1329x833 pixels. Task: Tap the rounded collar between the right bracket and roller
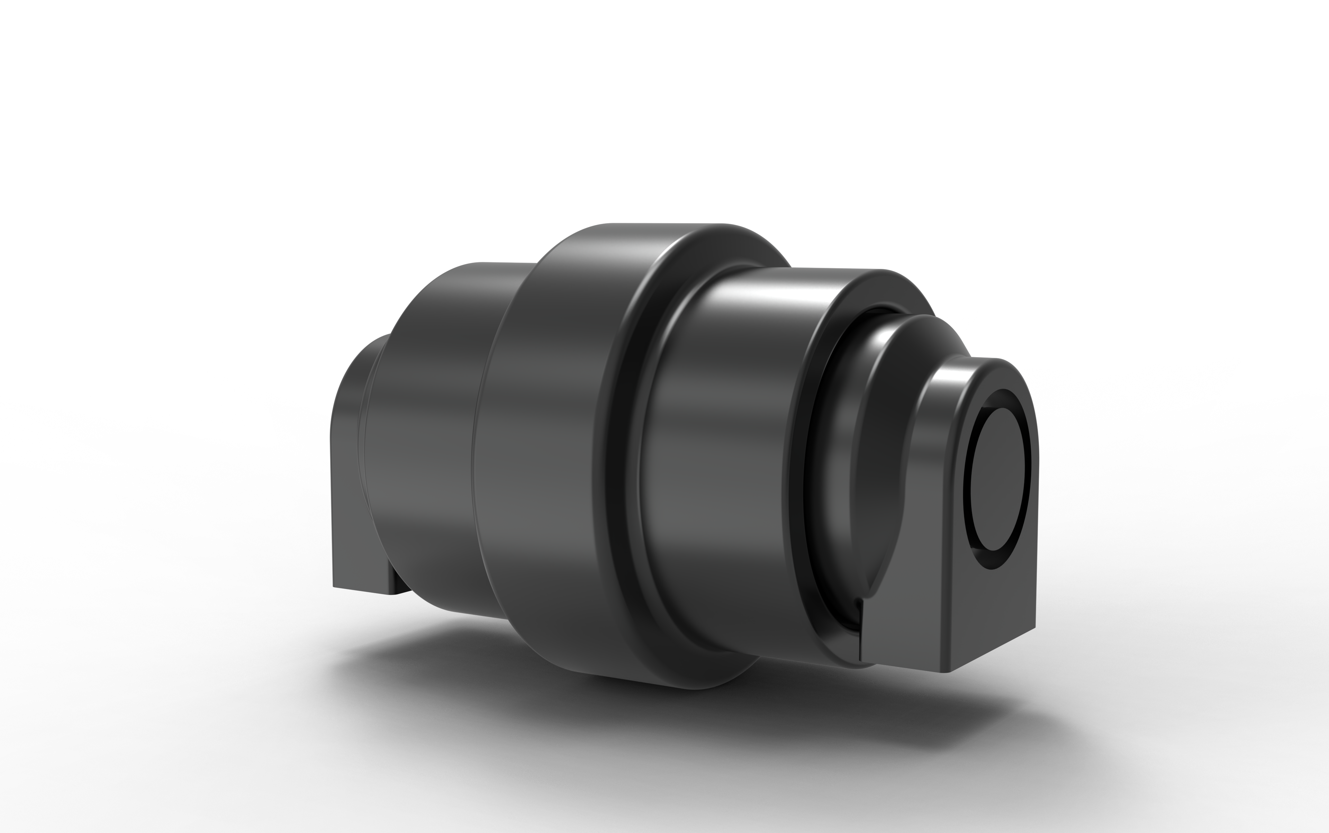(x=882, y=441)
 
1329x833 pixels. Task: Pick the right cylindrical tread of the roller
(x=716, y=468)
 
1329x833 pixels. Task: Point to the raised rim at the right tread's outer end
(x=794, y=468)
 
